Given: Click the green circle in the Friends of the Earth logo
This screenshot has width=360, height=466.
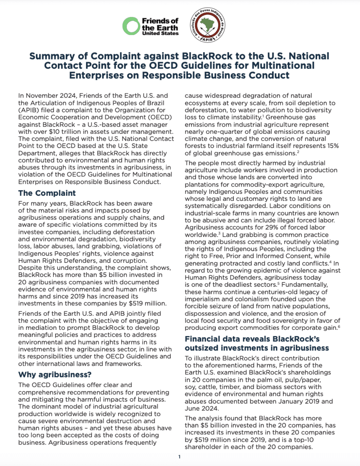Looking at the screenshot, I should (131, 26).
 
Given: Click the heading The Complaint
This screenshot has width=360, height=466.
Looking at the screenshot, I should (47, 193).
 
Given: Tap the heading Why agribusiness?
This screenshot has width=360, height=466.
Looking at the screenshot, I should (55, 375).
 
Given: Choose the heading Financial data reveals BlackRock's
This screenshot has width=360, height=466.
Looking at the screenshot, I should (252, 339).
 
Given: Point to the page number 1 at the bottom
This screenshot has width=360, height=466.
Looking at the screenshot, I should (179, 457).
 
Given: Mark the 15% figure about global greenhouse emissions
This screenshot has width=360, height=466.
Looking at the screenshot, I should (332, 146).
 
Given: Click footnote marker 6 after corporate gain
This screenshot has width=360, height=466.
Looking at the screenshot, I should (339, 326).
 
